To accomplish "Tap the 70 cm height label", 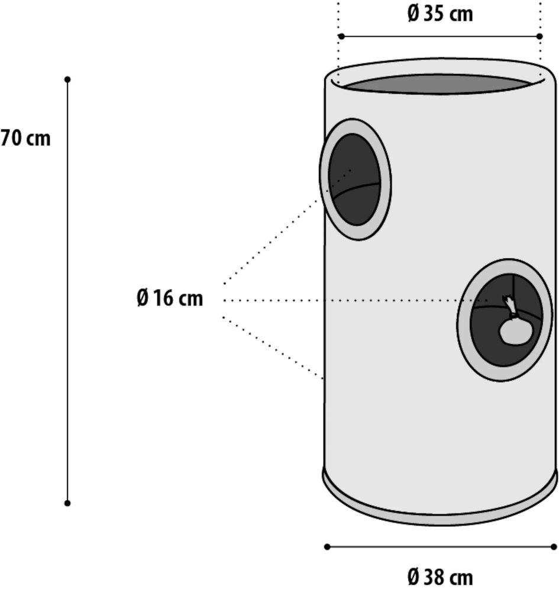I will click(26, 139).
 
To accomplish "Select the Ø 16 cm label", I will click(170, 298).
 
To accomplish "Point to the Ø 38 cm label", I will click(440, 575).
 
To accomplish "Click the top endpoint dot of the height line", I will click(67, 79).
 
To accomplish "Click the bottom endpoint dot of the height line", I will click(67, 503).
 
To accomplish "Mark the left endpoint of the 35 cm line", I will click(341, 36).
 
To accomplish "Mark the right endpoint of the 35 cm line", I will click(539, 36).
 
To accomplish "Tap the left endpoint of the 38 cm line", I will click(327, 546).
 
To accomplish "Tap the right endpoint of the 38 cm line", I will click(554, 546).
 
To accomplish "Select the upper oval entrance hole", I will click(355, 179).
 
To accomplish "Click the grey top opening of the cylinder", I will click(435, 83).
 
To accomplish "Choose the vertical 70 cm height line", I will click(67, 296).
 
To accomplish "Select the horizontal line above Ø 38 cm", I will click(440, 546).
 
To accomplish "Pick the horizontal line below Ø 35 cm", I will click(440, 36).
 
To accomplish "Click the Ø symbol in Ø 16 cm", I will click(143, 298).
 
